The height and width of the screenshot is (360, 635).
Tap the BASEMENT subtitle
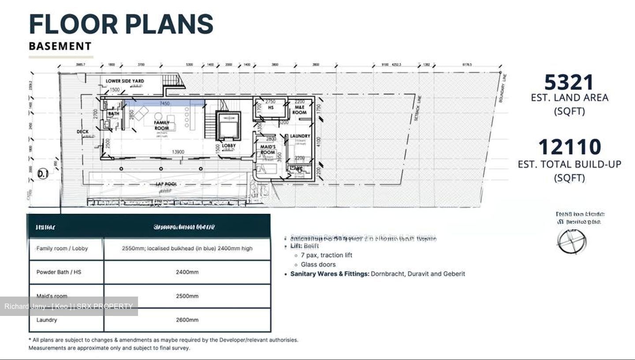pyautogui.click(x=60, y=46)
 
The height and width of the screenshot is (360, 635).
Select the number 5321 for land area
pyautogui.click(x=569, y=82)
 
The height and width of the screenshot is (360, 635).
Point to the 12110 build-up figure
pyautogui.click(x=569, y=147)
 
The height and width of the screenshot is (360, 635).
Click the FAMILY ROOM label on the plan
pyautogui.click(x=161, y=125)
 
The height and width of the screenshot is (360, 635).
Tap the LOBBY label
pyautogui.click(x=228, y=145)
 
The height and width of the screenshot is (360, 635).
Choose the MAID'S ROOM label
pyautogui.click(x=268, y=149)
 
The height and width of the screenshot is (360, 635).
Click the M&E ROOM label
pyautogui.click(x=299, y=110)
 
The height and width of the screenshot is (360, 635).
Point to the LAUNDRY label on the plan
pyautogui.click(x=300, y=136)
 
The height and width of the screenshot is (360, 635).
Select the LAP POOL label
pyautogui.click(x=166, y=184)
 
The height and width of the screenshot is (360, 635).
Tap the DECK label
pyautogui.click(x=82, y=131)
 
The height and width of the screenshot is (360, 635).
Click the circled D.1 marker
pyautogui.click(x=43, y=174)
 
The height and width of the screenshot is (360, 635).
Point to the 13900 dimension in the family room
pyautogui.click(x=178, y=152)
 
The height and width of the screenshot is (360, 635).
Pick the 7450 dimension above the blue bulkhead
pyautogui.click(x=164, y=103)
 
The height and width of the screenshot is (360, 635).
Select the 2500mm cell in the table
pyautogui.click(x=187, y=296)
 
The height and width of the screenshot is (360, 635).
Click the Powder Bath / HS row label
pyautogui.click(x=59, y=272)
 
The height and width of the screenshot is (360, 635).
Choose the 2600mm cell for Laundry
pyautogui.click(x=187, y=320)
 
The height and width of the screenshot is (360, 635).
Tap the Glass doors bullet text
pyautogui.click(x=318, y=264)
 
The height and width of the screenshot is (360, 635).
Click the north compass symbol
pyautogui.click(x=571, y=241)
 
